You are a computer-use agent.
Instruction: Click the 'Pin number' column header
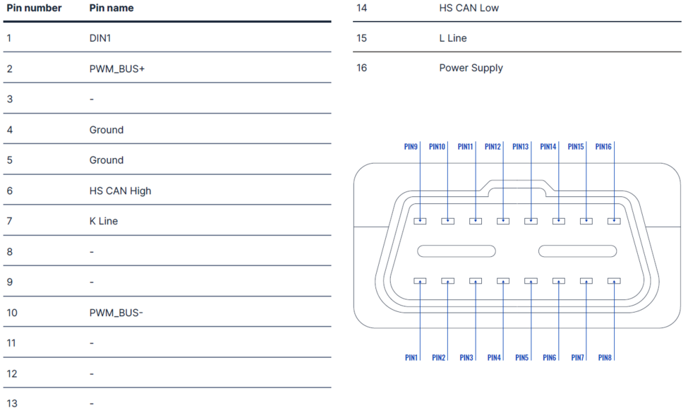[34, 8]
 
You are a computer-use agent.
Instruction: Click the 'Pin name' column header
[111, 8]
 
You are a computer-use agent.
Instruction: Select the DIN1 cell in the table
[100, 38]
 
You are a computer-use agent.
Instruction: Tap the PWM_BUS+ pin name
[117, 69]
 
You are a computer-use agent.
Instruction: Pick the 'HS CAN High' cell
[120, 191]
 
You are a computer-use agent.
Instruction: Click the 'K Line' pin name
[104, 221]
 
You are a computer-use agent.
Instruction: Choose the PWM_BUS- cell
[116, 312]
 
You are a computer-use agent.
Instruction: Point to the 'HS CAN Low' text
[469, 8]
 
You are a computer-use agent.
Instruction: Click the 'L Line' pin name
[453, 38]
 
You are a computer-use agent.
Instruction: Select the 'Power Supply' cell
[471, 68]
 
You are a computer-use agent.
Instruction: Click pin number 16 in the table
[362, 68]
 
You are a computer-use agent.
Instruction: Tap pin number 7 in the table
[10, 221]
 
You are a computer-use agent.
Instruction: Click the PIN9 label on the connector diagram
[411, 147]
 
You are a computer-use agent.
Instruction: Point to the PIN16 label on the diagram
[603, 147]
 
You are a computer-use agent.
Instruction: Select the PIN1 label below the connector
[411, 358]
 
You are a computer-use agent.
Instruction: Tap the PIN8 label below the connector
[605, 358]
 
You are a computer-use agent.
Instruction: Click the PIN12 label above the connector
[493, 147]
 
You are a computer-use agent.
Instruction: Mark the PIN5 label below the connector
[521, 358]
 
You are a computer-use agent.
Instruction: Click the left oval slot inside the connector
[456, 251]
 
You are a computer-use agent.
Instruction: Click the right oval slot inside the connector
[578, 251]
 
